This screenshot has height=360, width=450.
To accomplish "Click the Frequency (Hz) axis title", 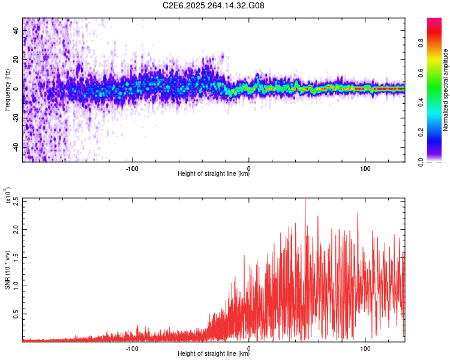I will [x=7, y=89].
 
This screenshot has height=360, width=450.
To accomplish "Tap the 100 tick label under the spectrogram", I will [x=365, y=168].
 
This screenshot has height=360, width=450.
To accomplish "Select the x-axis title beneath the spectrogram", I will [x=214, y=175].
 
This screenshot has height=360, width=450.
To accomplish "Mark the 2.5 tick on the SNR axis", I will [x=16, y=200].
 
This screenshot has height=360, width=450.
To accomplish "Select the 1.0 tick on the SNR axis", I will [x=16, y=285].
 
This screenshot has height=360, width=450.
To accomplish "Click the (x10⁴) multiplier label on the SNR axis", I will [x=8, y=196].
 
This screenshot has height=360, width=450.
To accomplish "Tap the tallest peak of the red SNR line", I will [x=305, y=199].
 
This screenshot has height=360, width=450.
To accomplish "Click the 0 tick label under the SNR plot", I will [x=249, y=348].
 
